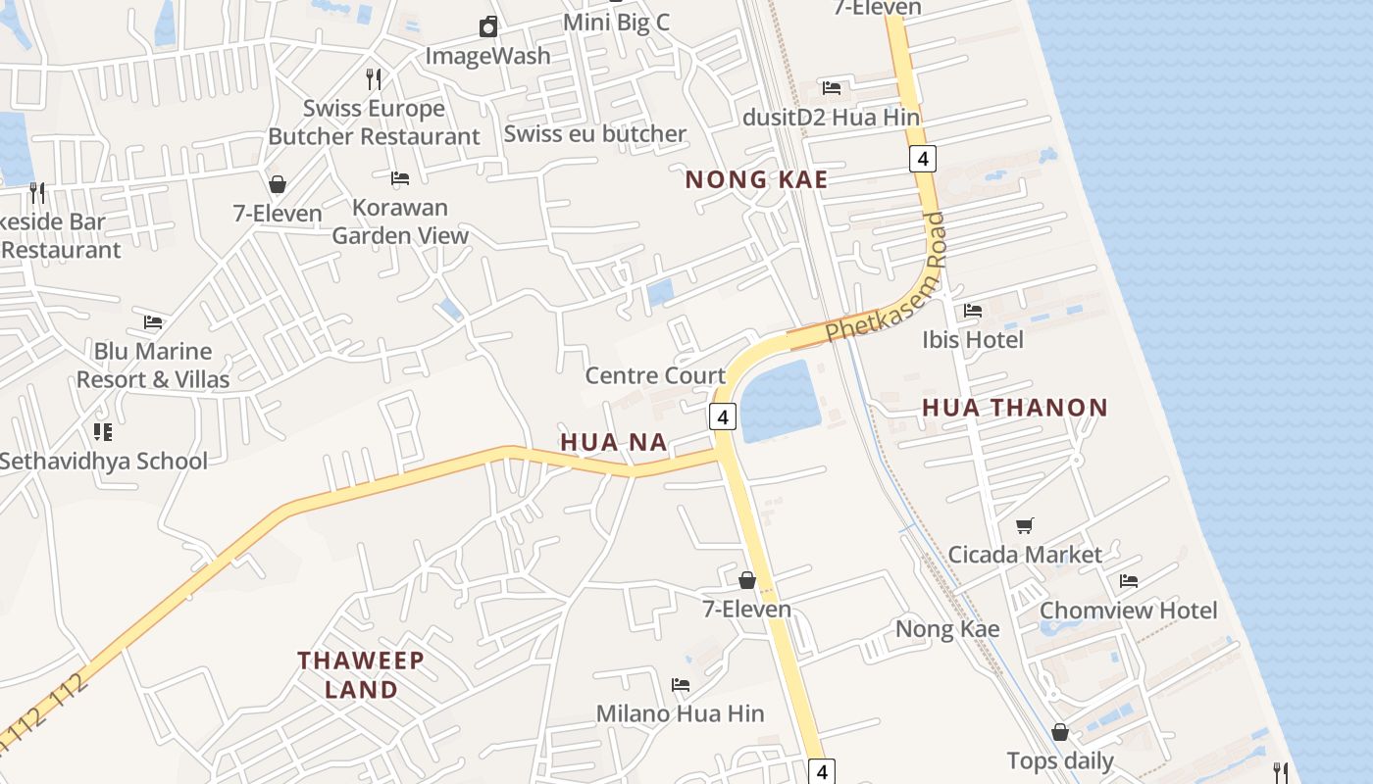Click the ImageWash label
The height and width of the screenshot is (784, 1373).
[x=487, y=56]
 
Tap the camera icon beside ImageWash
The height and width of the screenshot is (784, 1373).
[x=487, y=26]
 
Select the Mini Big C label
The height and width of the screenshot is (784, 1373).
[x=616, y=22]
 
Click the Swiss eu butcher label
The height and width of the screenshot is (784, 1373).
[x=594, y=133]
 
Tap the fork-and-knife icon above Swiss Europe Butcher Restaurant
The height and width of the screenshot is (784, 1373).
[x=373, y=78]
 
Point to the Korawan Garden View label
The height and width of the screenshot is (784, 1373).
[x=400, y=221]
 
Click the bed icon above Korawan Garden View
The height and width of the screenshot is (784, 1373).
[x=400, y=178]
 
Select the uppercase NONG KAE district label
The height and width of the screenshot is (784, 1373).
[x=756, y=179]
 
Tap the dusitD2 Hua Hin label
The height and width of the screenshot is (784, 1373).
[x=831, y=118]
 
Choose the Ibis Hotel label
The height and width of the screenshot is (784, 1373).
[x=972, y=340]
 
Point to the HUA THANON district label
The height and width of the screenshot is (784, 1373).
[x=1014, y=408]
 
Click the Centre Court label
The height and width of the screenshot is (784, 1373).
[x=655, y=375]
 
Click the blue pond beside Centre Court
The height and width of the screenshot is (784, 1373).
[x=780, y=402]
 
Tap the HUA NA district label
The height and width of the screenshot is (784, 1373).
[x=614, y=443]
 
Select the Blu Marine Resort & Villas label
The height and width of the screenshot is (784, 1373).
[x=153, y=366]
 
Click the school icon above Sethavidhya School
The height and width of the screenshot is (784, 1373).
[x=103, y=431]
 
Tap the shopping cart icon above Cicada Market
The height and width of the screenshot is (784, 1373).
[x=1024, y=526]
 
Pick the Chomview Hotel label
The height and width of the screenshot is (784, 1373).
[x=1128, y=611]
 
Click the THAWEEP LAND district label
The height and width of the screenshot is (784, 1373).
[x=361, y=674]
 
